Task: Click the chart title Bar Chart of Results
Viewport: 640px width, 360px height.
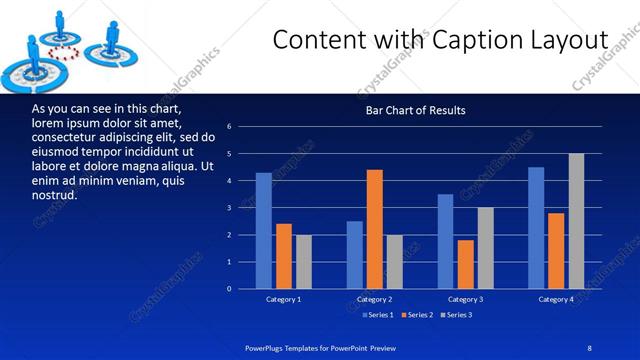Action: pos(415,110)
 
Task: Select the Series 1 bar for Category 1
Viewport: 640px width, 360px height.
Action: pos(263,231)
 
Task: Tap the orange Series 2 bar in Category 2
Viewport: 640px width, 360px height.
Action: pos(375,229)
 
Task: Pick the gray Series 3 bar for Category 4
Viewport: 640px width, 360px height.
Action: pos(577,221)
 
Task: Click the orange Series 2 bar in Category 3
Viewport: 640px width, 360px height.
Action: pos(466,264)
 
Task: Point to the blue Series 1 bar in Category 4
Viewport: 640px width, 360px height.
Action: pos(536,228)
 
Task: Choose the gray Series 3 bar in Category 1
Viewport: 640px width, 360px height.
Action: pos(304,262)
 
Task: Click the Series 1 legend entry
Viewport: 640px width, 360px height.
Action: pos(378,315)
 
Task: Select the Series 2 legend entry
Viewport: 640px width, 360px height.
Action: pos(418,315)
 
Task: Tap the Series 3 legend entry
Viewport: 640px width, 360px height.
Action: pos(457,315)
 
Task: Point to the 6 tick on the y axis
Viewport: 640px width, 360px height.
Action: pos(230,127)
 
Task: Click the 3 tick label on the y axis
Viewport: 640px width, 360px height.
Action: pos(230,208)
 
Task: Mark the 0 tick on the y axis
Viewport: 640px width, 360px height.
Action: pos(230,289)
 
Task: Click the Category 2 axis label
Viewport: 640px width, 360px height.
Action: pos(375,299)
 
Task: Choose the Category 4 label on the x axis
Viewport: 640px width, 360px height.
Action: pos(557,299)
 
